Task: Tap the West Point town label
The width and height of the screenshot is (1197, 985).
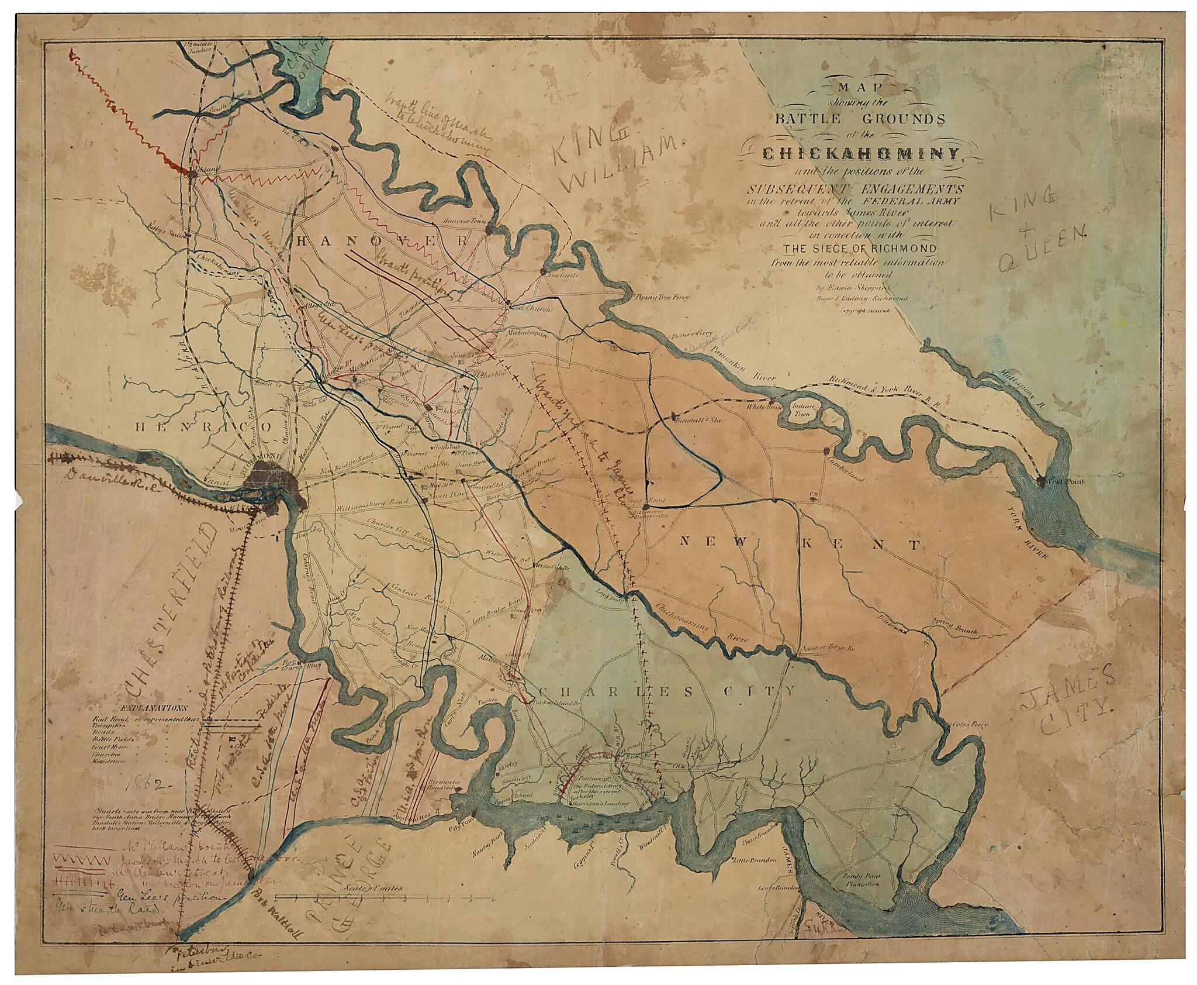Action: click(x=1067, y=481)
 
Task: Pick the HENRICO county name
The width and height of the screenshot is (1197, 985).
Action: click(x=200, y=428)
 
